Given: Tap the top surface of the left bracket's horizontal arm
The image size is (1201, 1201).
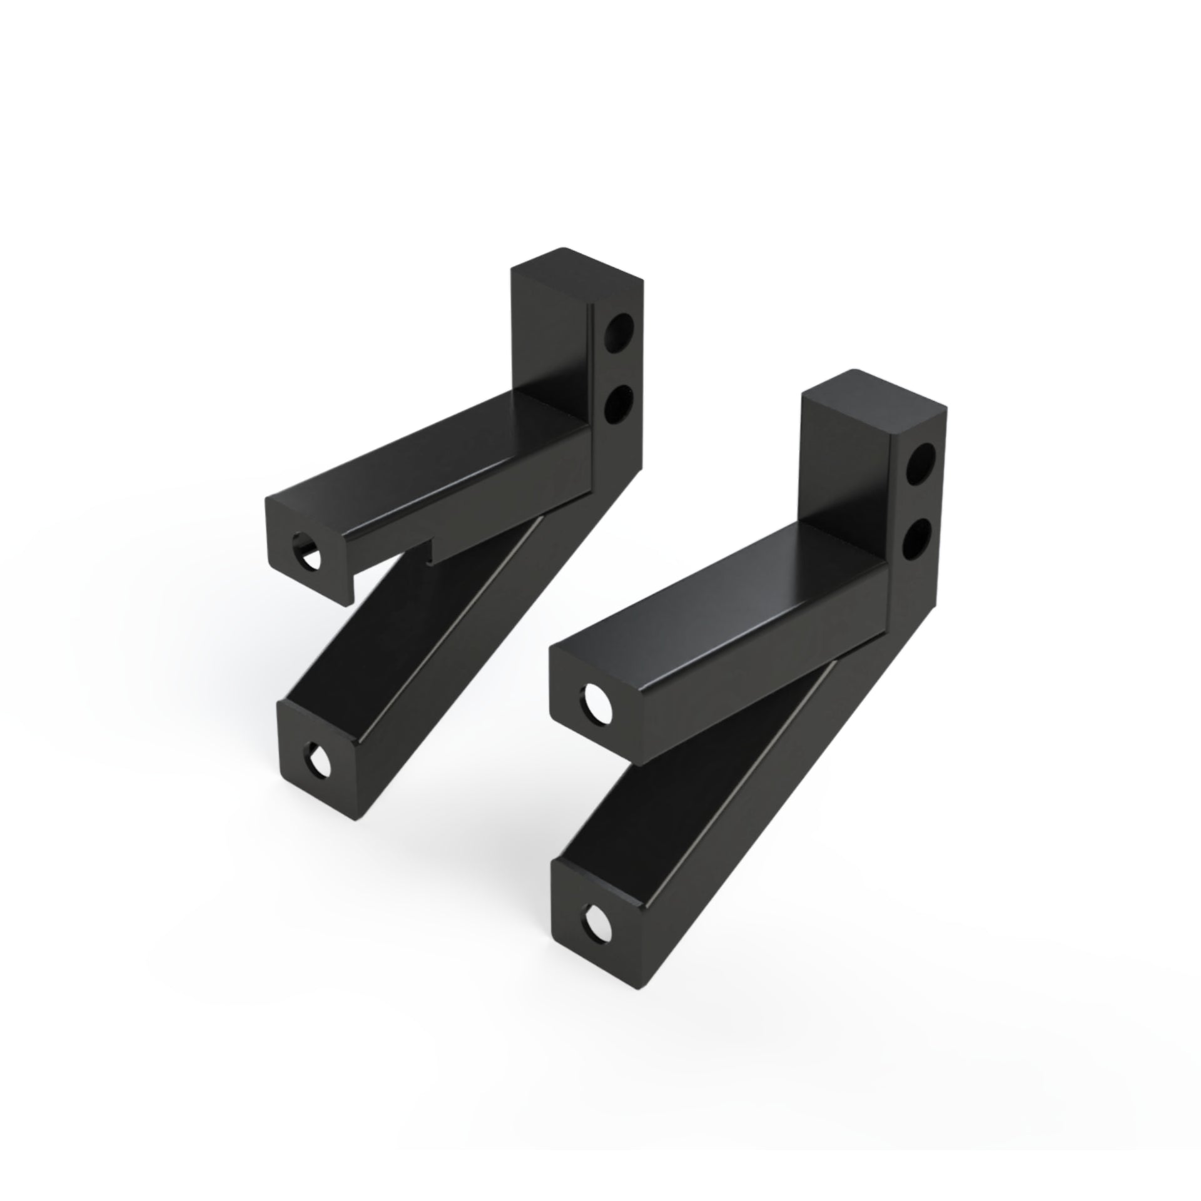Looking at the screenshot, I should click(432, 450).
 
